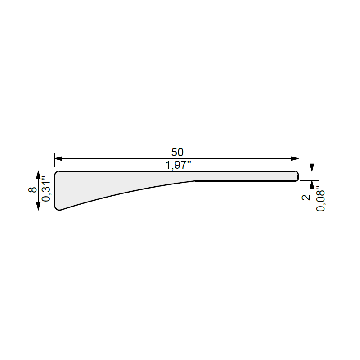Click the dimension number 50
[x=177, y=152]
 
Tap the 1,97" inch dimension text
[x=178, y=165]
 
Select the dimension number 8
[x=32, y=189]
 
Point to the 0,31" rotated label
[x=46, y=189]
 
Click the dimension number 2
[x=306, y=198]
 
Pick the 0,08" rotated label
[x=320, y=199]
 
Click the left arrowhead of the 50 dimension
[x=58, y=159]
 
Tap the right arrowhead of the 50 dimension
[x=294, y=159]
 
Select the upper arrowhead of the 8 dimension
[x=38, y=175]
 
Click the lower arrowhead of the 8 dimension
[x=38, y=206]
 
